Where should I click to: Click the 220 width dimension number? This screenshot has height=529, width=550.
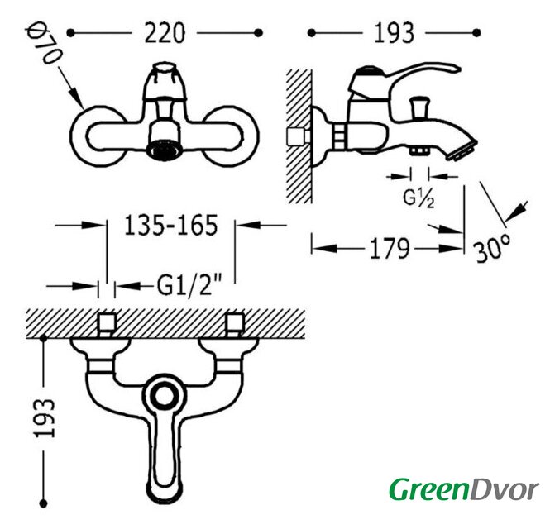pyautogui.click(x=165, y=32)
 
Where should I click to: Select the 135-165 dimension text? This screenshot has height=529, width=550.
pyautogui.click(x=171, y=225)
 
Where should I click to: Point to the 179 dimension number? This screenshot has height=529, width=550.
pyautogui.click(x=390, y=249)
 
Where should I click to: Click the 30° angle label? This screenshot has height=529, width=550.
pyautogui.click(x=492, y=249)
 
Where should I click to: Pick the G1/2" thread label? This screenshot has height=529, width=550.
pyautogui.click(x=189, y=286)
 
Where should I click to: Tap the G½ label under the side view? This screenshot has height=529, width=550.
pyautogui.click(x=418, y=199)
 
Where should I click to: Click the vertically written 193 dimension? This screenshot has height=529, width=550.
pyautogui.click(x=45, y=418)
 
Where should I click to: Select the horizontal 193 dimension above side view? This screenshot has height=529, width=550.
pyautogui.click(x=394, y=33)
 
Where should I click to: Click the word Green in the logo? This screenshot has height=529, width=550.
pyautogui.click(x=429, y=489)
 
